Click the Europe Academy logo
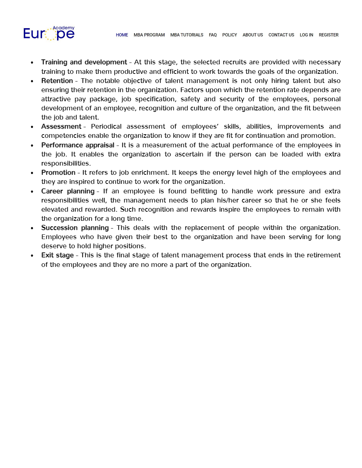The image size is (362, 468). [x=49, y=33]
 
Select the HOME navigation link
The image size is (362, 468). [x=122, y=35]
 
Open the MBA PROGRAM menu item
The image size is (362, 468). [x=149, y=35]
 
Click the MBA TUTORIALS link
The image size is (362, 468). [x=187, y=35]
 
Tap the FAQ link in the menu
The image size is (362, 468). [x=213, y=35]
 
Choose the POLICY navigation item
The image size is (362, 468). [x=230, y=35]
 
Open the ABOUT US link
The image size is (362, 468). [x=253, y=35]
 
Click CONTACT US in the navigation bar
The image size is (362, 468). [x=281, y=35]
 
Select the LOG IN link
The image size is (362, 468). [x=306, y=35]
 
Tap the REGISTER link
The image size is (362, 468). [x=329, y=35]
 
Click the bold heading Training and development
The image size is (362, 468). [x=84, y=62]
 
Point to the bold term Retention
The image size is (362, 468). [x=57, y=81]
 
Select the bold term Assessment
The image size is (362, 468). [x=61, y=127]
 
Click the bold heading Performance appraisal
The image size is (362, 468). [x=78, y=145]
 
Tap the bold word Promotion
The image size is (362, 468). [x=58, y=173]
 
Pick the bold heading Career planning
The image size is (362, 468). [x=68, y=191]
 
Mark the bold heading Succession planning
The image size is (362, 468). [x=75, y=228]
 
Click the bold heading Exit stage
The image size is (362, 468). [x=57, y=255]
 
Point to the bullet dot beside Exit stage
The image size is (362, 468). [x=32, y=256]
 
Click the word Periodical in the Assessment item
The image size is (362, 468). [x=106, y=127]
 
